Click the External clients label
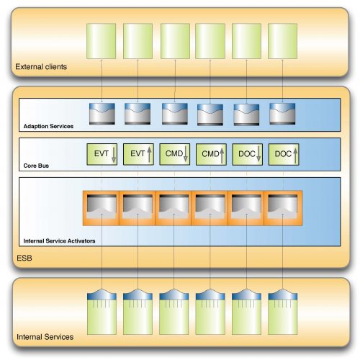pos(41,66)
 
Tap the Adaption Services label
pos(48,126)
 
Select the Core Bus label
pos(36,166)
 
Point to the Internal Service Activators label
pos(59,240)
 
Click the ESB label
pos(24,258)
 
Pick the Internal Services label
pos(45,337)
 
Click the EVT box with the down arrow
pos(102,154)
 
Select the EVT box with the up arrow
pos(138,154)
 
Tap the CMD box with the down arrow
pos(175,154)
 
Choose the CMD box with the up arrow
pos(211,154)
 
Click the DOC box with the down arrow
pos(248,154)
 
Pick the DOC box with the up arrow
pos(284,154)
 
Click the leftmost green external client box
pos(102,41)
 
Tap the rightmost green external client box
pos(282,41)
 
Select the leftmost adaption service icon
pos(102,114)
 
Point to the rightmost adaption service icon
pos(282,114)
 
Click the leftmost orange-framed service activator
pos(102,208)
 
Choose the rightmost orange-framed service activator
pos(283,208)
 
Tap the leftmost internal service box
pos(102,312)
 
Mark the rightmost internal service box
pos(283,312)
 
